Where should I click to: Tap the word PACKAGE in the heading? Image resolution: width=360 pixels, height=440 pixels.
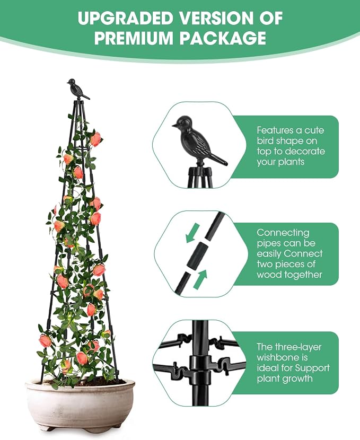(223, 38)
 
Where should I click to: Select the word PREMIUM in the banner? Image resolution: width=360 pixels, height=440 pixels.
(134, 38)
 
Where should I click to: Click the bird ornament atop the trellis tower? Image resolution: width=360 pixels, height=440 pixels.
(78, 89)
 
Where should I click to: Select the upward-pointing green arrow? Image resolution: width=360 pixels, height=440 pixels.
(200, 279)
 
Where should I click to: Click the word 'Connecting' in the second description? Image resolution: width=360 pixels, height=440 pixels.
(283, 233)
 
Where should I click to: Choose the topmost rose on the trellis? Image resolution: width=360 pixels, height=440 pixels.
(95, 139)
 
